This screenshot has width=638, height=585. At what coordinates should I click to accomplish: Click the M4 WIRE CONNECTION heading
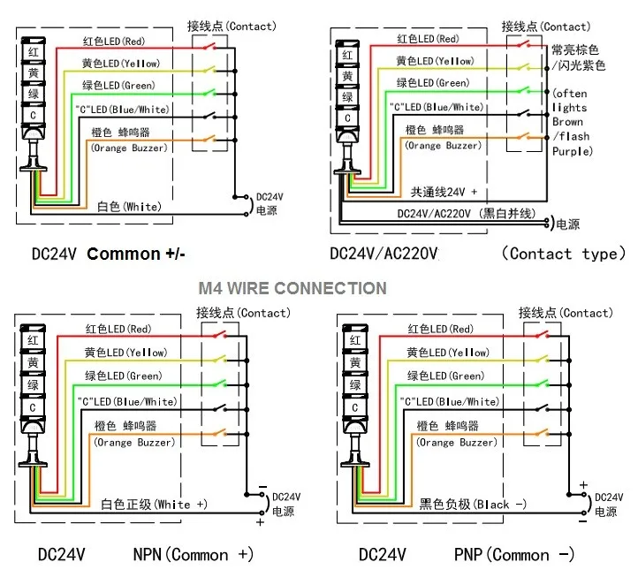292,288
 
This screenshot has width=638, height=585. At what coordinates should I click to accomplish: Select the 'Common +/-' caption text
136,254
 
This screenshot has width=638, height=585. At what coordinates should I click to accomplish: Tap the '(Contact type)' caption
563,254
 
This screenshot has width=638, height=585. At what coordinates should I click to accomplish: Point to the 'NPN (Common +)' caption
193,554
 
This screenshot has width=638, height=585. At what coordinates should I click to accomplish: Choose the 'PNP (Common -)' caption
513,554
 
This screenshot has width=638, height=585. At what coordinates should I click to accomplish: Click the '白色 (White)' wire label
129,206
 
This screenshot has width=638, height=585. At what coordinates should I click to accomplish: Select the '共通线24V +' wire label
444,191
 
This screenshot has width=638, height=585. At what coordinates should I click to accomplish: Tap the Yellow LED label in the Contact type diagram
434,61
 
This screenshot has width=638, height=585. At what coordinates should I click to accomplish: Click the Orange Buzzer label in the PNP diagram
452,442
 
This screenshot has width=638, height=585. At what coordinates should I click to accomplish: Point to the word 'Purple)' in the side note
572,151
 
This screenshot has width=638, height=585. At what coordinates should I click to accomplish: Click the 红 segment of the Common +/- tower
33,53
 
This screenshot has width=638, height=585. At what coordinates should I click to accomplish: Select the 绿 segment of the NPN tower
33,385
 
